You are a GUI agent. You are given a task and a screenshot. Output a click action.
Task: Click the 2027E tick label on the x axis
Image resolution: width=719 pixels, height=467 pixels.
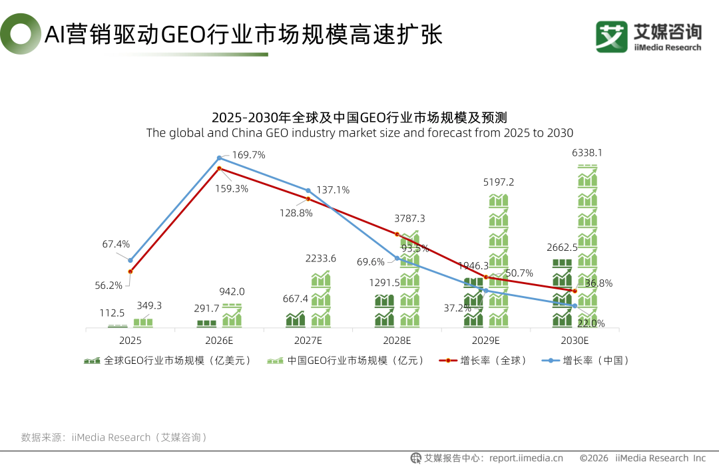pos(308,341)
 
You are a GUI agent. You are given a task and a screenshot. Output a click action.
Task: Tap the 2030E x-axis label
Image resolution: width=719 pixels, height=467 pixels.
pos(575,341)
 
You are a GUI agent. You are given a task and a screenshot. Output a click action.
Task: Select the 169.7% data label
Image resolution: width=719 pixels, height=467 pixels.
pos(248,155)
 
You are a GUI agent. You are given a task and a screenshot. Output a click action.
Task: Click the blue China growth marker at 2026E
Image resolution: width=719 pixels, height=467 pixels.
pos(219,158)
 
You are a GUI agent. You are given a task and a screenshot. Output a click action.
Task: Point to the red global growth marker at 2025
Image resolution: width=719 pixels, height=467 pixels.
pos(130,271)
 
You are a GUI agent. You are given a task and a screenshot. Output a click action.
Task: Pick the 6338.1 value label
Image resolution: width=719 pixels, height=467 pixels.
pos(587,152)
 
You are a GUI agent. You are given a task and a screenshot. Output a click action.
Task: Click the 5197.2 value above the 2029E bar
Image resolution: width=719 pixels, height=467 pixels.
pos(499,182)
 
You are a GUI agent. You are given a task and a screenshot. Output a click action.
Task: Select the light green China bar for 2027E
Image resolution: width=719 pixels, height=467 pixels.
pos(320,299)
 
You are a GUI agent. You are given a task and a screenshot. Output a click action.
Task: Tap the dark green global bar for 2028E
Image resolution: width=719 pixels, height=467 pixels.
pos(384,311)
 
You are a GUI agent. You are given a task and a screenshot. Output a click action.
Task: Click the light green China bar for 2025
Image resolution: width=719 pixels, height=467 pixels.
pos(143,323)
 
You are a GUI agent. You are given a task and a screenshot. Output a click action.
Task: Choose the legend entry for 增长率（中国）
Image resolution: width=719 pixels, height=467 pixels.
pos(585,361)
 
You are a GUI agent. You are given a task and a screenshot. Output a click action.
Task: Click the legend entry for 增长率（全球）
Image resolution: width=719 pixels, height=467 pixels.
pos(483,361)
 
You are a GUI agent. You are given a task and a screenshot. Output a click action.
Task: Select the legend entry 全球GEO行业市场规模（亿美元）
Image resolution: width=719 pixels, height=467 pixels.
pos(167,361)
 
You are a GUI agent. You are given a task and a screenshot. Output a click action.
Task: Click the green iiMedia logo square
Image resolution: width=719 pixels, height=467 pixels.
pos(612,37)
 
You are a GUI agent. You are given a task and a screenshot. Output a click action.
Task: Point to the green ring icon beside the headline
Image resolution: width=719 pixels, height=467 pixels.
pos(21,33)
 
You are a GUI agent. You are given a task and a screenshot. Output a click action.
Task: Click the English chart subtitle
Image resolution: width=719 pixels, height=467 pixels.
pos(359,133)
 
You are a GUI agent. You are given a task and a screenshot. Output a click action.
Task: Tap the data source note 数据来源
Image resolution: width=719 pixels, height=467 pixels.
pos(114,437)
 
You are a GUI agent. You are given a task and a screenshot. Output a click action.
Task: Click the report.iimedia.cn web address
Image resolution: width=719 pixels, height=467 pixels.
pos(526,458)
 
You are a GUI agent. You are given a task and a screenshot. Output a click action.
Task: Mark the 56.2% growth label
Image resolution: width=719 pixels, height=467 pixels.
pos(109,285)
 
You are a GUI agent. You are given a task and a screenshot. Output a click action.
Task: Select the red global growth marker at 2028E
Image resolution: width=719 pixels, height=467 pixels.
pos(397,234)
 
